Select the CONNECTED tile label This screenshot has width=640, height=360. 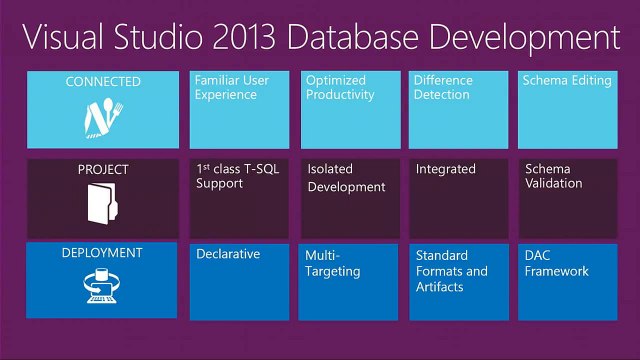tap(103, 82)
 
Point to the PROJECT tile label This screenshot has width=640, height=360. tap(103, 169)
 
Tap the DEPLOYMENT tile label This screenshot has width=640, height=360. tap(103, 253)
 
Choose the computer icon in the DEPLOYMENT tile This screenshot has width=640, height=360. tap(103, 288)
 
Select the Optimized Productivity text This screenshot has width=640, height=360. tap(341, 88)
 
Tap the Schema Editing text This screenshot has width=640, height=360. tap(567, 81)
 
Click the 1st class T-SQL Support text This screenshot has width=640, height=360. tap(238, 176)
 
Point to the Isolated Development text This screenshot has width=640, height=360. tap(346, 178)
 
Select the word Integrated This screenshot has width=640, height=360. tap(446, 169)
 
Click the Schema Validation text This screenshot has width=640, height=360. tap(554, 176)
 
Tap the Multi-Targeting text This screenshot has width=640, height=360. tap(333, 263)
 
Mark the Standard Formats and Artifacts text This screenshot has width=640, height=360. tap(452, 271)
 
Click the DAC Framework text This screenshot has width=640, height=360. tap(557, 263)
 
